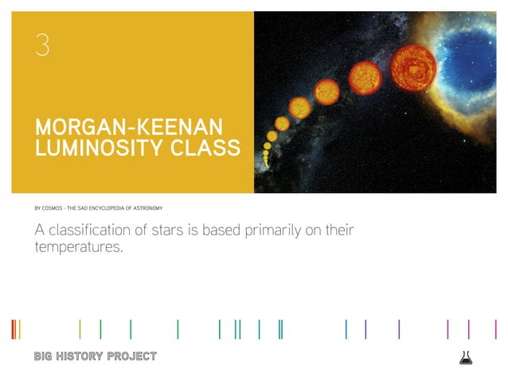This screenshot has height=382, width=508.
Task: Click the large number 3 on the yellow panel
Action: coord(42,45)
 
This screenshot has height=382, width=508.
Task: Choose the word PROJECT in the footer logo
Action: coord(132,356)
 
